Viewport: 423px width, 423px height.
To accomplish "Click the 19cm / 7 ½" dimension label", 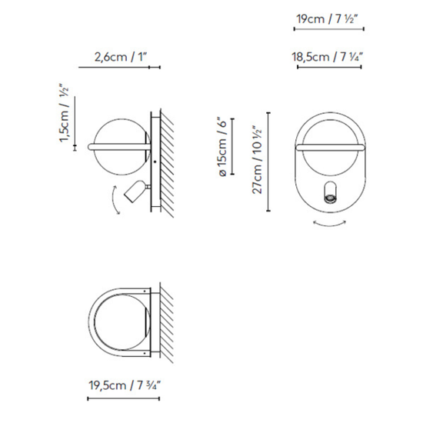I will (328, 18).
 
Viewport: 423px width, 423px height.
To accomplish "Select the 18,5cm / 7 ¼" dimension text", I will (328, 56).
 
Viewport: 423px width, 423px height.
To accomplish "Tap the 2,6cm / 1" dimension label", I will (120, 56).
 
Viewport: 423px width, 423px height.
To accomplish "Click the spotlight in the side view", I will (135, 189).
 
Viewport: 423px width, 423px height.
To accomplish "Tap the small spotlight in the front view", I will (329, 194).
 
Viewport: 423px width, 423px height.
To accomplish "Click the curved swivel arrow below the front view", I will (328, 224).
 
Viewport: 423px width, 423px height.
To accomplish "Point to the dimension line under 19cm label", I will (328, 31).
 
